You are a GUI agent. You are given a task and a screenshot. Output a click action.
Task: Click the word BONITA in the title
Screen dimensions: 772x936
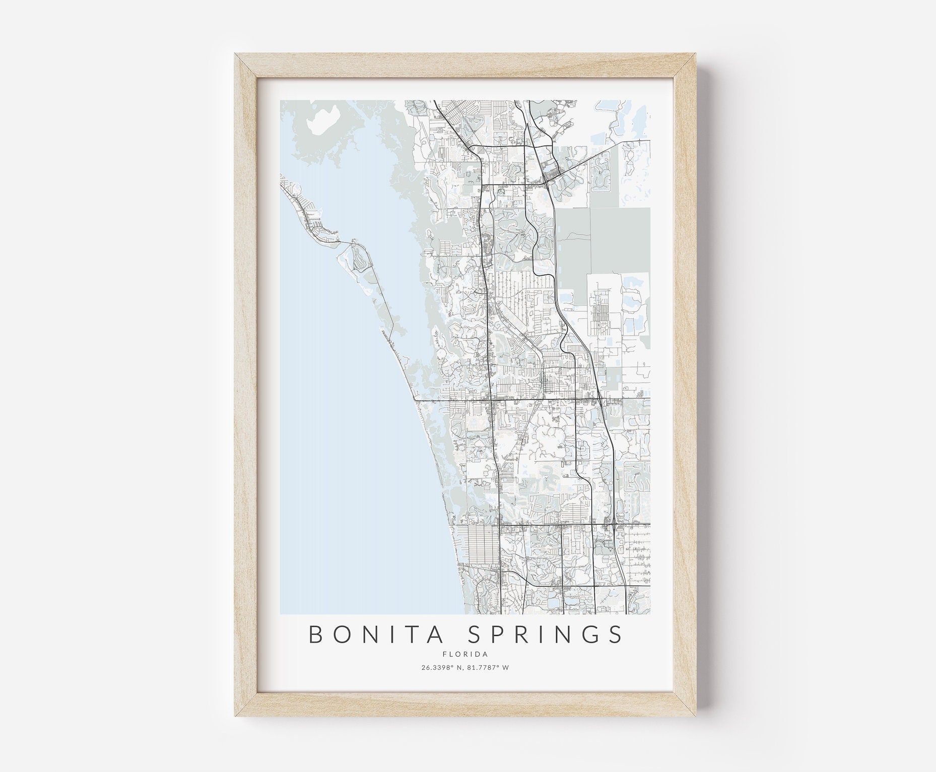coord(360,635)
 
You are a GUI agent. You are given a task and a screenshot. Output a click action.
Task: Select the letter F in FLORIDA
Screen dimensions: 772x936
coord(445,655)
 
